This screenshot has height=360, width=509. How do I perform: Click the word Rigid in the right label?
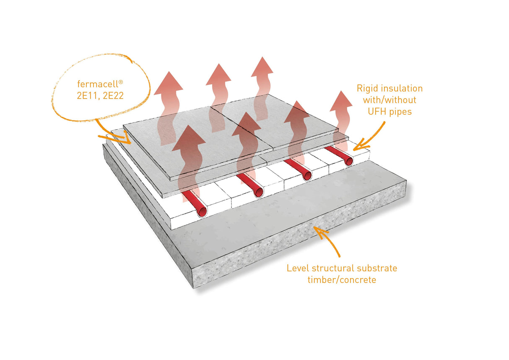[x=367, y=89]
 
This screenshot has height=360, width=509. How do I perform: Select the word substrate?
[x=376, y=268]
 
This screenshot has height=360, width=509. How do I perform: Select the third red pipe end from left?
[x=306, y=176]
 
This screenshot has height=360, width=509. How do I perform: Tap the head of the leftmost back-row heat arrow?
[x=168, y=83]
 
